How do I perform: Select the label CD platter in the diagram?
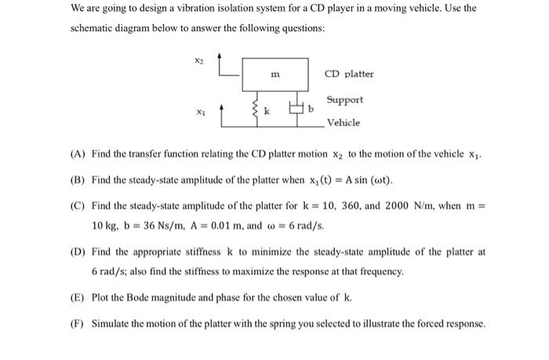point(349,75)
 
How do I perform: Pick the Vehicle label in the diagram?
point(344,122)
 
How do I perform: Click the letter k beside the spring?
point(267,112)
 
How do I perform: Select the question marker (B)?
point(78,180)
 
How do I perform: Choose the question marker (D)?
point(78,253)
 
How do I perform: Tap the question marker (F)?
point(78,323)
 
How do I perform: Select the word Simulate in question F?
point(111,323)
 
